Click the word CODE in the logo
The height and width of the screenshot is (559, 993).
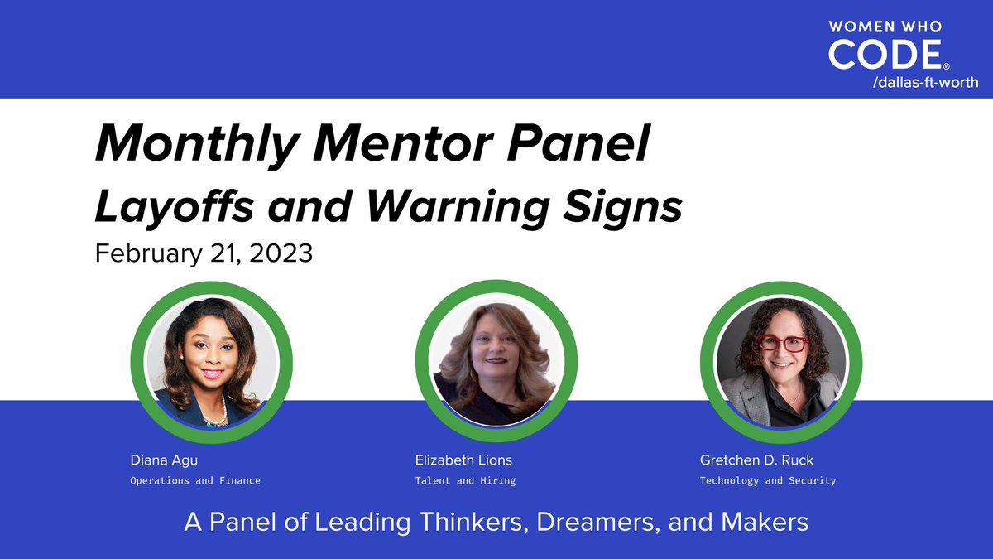884,55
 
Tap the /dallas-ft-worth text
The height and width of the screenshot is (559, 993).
925,82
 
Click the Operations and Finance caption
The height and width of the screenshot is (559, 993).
195,480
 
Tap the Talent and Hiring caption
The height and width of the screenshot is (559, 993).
465,480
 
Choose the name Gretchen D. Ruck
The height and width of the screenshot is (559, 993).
756,460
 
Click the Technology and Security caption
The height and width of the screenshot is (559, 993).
768,480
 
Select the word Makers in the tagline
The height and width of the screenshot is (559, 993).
762,523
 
